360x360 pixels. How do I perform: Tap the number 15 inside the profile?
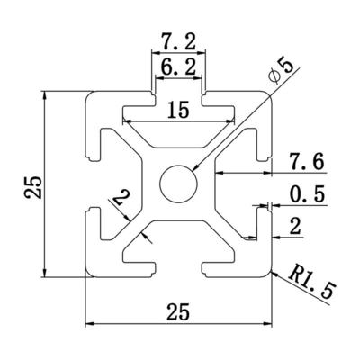point(177,110)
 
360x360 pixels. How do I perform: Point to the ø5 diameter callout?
point(281,69)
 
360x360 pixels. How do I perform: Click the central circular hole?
point(178,184)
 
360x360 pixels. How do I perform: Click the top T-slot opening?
point(178,94)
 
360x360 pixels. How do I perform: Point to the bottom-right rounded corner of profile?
point(267,271)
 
